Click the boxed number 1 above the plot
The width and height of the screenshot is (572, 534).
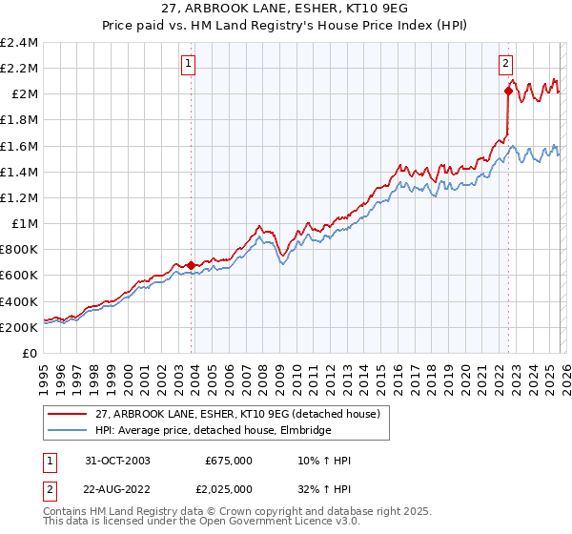188,65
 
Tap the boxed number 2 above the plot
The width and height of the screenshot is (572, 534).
504,65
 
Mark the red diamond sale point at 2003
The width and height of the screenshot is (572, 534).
191,266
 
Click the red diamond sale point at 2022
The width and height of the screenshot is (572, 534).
508,92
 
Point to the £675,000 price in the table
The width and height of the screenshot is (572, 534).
229,461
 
